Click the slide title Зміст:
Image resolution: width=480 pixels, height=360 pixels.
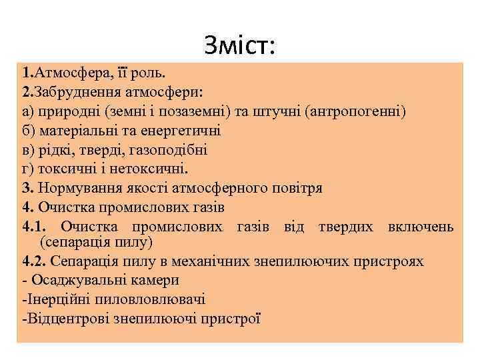tap(241, 45)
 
